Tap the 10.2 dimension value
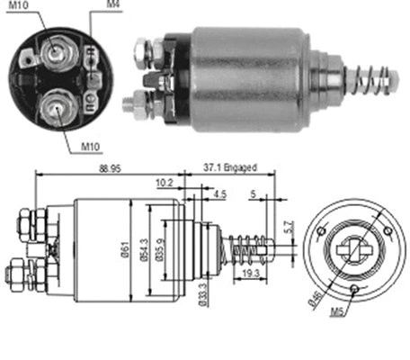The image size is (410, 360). pos(165,183)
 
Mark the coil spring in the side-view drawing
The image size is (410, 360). pos(245,245)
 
